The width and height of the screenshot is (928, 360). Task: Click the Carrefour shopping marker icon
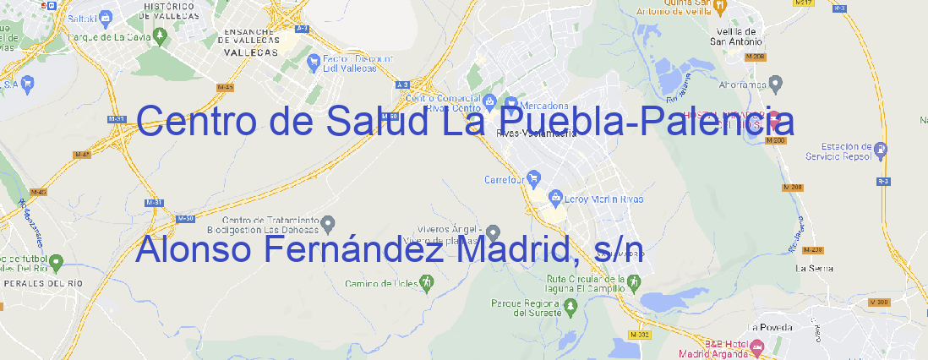point(535,178)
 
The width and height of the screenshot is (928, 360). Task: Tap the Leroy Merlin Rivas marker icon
point(555,199)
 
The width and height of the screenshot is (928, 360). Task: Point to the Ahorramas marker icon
point(776,83)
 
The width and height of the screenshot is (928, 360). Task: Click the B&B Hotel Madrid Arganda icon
point(757,346)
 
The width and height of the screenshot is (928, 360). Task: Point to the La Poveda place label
point(771,327)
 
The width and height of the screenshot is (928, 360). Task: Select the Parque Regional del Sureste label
point(526,308)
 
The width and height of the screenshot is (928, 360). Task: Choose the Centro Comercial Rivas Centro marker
point(490,102)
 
